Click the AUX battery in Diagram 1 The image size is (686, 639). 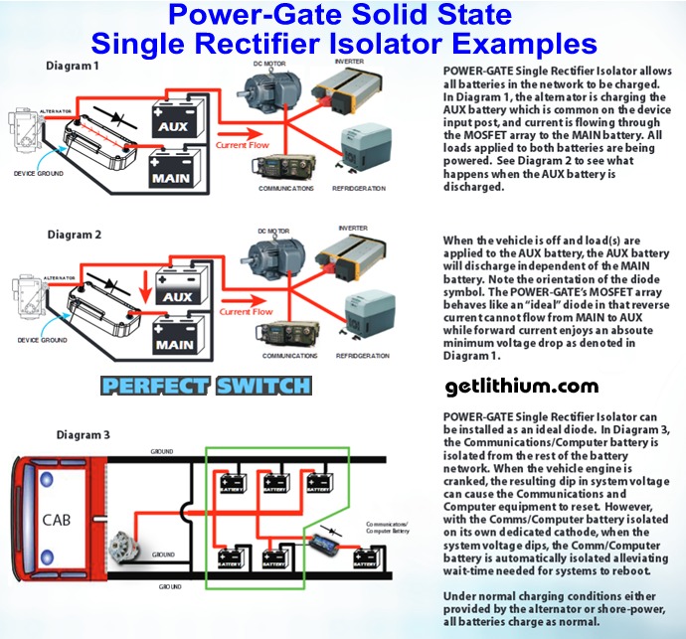point(181,121)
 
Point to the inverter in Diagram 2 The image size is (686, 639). point(367,262)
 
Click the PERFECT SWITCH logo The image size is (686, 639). point(220,386)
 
